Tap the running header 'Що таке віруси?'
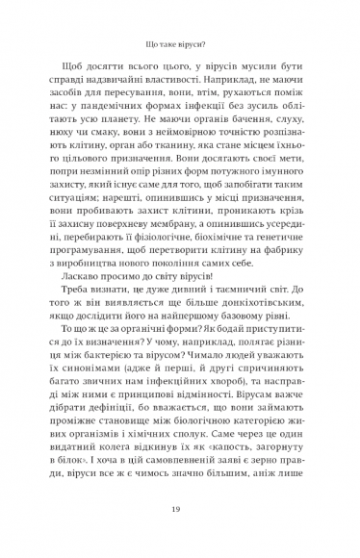(180, 43)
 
